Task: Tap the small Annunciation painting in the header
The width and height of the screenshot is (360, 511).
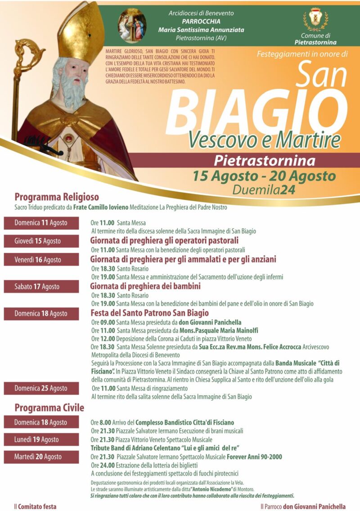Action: click(x=132, y=25)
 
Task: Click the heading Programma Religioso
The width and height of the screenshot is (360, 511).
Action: click(x=57, y=197)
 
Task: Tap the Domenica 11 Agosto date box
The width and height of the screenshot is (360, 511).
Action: click(x=41, y=223)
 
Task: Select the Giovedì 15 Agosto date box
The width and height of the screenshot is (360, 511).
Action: click(x=41, y=241)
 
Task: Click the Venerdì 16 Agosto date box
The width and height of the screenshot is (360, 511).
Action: click(x=41, y=260)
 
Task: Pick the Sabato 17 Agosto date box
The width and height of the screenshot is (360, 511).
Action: click(x=41, y=287)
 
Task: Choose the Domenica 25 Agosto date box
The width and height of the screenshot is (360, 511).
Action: click(x=41, y=388)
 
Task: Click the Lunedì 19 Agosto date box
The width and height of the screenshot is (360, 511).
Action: click(x=41, y=439)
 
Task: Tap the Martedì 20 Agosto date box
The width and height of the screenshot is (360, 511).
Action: click(x=41, y=457)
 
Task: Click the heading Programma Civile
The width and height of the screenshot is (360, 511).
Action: click(x=49, y=408)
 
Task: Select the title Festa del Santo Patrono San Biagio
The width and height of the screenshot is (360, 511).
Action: click(x=149, y=313)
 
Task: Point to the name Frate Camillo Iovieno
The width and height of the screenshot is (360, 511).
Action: click(x=101, y=208)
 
